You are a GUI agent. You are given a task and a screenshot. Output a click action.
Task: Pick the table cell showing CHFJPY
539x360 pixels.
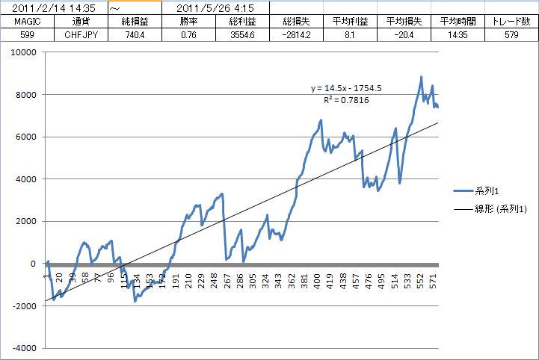point(80,34)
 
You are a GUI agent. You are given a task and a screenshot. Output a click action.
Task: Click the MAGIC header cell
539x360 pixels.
point(26,22)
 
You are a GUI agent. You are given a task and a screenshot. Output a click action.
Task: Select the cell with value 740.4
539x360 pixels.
point(134,34)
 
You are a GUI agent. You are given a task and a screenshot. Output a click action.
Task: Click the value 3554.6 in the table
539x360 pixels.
point(243,34)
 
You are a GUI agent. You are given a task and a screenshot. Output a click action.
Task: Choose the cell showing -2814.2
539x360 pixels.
point(297,34)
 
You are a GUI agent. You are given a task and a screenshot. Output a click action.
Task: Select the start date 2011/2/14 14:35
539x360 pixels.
point(53,8)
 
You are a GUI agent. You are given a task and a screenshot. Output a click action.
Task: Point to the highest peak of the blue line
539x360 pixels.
point(421,76)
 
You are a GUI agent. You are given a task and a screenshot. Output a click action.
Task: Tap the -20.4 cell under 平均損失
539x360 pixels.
point(403,34)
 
